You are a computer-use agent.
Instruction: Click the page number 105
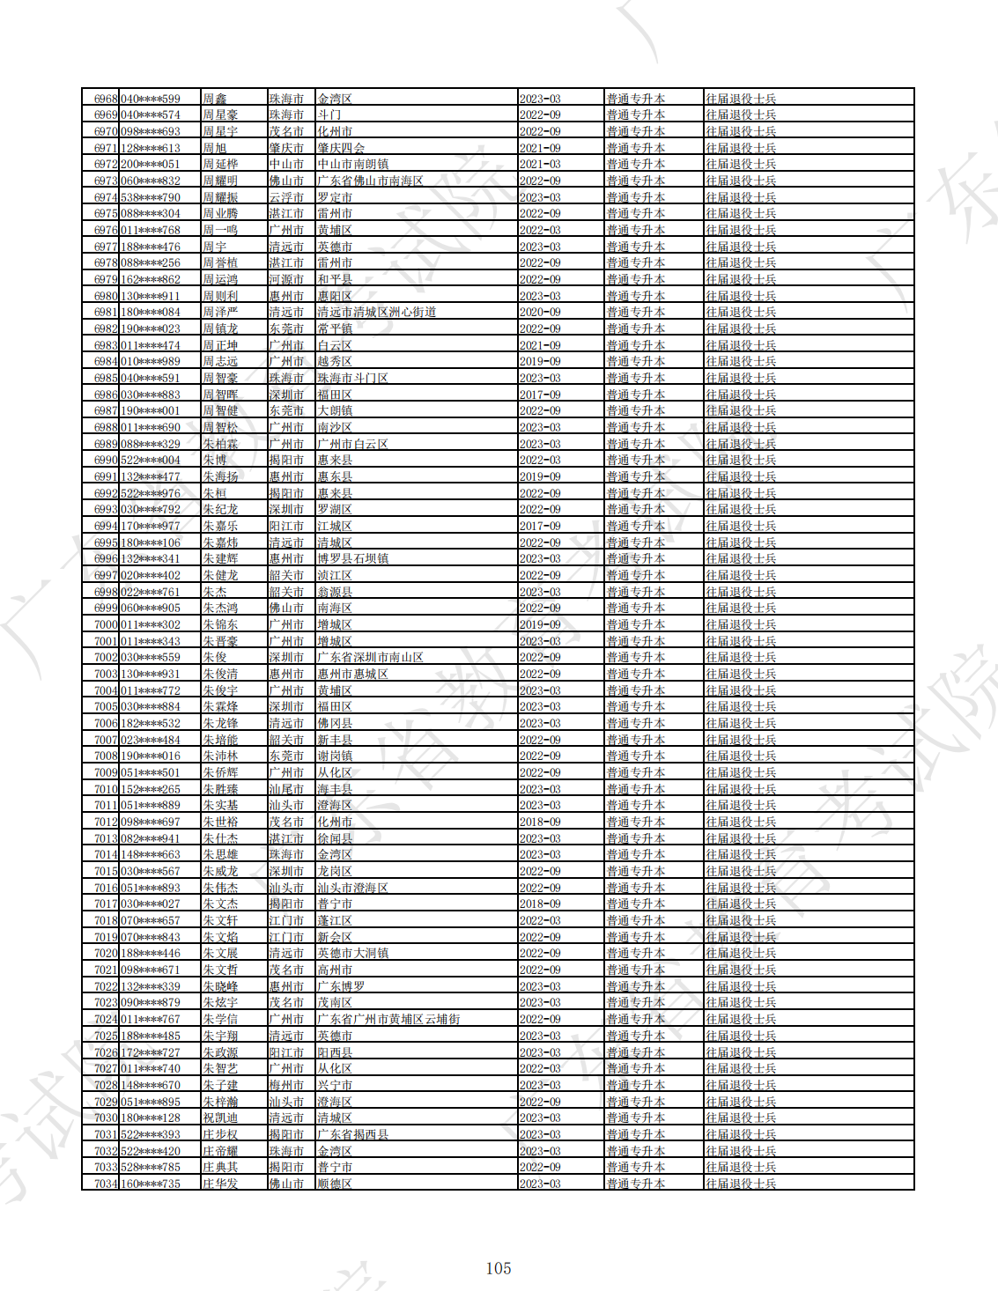coord(499,1268)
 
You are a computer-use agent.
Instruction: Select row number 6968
coord(106,99)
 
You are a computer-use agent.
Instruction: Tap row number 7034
coord(106,1184)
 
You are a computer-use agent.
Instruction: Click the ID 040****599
coord(150,99)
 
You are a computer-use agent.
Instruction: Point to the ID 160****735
coord(150,1184)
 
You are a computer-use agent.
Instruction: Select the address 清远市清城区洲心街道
coord(377,312)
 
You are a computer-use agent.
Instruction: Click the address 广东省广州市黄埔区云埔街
coord(388,1019)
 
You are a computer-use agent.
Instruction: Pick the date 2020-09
coord(540,312)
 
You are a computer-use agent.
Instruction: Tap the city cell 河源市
coord(286,279)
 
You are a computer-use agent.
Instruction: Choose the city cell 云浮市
coord(286,197)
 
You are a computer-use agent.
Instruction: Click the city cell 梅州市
coord(286,1085)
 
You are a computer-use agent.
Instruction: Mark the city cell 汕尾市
coord(286,789)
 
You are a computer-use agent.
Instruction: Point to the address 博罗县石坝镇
coord(352,558)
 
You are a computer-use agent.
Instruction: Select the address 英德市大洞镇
coord(352,953)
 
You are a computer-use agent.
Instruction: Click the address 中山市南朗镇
coord(352,164)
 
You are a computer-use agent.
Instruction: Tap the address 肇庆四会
coord(341,148)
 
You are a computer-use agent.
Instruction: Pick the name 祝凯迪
coord(220,1118)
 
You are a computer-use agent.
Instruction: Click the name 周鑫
coord(214,99)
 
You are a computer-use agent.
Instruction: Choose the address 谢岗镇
coord(335,756)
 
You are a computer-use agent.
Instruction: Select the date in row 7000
coord(540,624)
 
